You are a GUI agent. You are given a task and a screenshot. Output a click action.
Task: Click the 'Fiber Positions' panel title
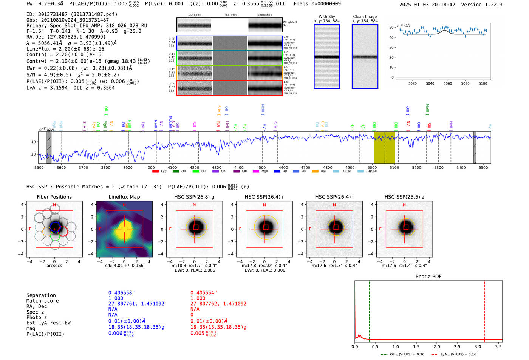[x=54, y=197]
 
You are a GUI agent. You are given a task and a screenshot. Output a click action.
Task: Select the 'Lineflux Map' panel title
[x=124, y=197]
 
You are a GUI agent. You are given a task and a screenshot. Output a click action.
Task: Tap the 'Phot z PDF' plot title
[x=428, y=276]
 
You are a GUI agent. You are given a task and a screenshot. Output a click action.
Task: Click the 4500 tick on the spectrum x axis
[x=261, y=167]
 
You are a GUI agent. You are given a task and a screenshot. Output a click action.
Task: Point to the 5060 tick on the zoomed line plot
[x=448, y=83]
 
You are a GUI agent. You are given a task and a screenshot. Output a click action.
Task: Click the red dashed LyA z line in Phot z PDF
[x=484, y=310]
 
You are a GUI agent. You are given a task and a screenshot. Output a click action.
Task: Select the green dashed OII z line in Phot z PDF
[x=370, y=310]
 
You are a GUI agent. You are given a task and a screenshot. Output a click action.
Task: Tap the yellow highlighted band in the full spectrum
[x=385, y=147]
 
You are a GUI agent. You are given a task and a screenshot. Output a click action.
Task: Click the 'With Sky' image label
[x=327, y=17]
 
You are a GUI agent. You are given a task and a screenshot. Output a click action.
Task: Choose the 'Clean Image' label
[x=365, y=17]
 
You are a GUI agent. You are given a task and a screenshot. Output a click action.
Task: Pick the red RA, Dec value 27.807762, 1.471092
[x=218, y=304]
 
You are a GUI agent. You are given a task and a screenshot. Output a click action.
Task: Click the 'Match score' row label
[x=43, y=301]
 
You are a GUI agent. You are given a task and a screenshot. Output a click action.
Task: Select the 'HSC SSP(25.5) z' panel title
[x=404, y=197]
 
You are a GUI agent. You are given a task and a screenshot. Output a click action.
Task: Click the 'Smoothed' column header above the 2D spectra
[x=264, y=15]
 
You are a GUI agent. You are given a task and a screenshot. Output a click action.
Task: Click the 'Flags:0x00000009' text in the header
[x=317, y=3]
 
